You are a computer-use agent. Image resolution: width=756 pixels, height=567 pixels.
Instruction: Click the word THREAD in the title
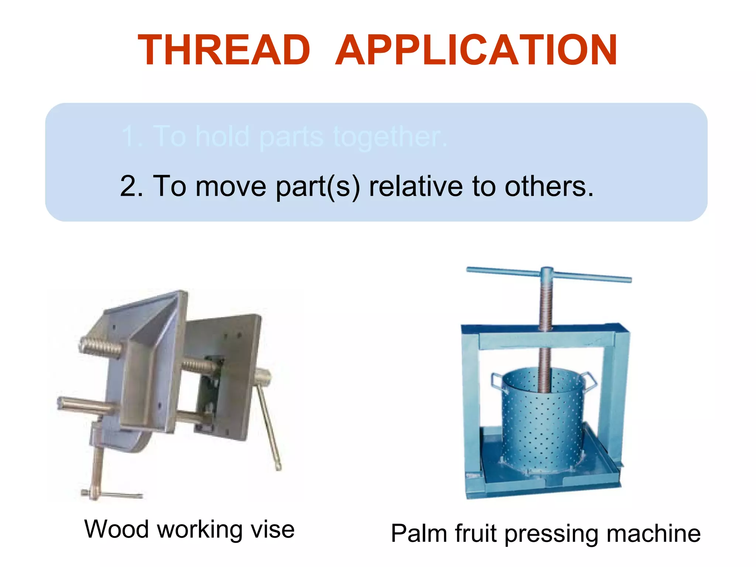pos(224,51)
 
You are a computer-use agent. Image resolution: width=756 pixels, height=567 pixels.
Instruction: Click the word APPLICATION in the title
pos(476,51)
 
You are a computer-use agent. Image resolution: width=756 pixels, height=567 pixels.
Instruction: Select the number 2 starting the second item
pos(131,186)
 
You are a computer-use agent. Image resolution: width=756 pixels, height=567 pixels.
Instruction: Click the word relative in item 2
pos(416,186)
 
